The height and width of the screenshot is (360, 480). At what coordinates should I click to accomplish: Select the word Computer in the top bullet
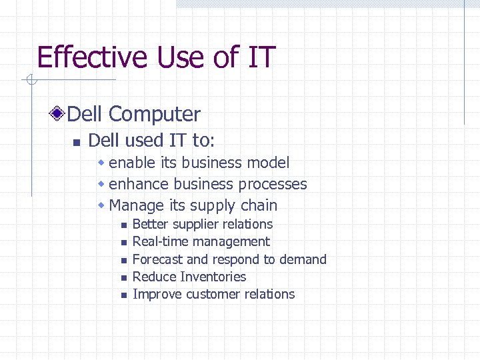coord(154,114)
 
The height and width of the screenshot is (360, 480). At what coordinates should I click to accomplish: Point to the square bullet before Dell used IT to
coord(76,142)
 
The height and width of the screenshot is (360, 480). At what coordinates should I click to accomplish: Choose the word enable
coord(130,163)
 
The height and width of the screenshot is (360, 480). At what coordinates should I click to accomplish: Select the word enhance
coord(138,184)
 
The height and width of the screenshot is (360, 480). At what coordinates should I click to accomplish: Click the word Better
coord(151,225)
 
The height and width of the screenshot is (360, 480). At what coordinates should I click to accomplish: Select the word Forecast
coord(158,259)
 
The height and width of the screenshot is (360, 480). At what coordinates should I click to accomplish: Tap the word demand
coord(305,259)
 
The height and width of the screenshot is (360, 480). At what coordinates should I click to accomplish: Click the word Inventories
coord(213,277)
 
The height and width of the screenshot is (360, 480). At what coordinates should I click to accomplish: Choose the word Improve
coord(157,295)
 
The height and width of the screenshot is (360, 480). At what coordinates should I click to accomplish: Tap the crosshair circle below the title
coord(31,82)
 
